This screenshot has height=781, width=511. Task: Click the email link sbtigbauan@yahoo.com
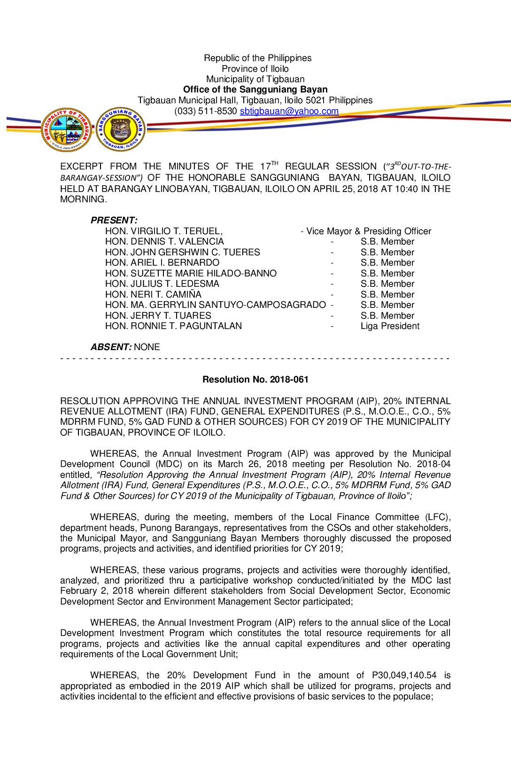(289, 111)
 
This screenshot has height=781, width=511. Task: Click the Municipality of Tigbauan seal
(66, 130)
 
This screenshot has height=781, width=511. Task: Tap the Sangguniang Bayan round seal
(121, 129)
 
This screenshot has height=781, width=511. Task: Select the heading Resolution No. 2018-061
(255, 379)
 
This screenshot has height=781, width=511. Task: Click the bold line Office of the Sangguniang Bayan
(255, 90)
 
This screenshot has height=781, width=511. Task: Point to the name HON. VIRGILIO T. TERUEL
(163, 231)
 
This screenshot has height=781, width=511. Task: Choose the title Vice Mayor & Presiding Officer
(368, 231)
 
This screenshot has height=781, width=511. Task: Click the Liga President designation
(390, 326)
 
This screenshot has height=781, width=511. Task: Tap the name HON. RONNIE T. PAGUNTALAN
(173, 326)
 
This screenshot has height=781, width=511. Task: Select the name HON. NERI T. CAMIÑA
(153, 294)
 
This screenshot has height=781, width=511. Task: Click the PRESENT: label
(114, 220)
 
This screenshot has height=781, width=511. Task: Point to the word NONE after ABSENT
(147, 347)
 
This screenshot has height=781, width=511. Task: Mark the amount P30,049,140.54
(404, 675)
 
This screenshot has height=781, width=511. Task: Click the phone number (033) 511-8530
(205, 111)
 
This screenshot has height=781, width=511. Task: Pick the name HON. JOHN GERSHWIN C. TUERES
(182, 252)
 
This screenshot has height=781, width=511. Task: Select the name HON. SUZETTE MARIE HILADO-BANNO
(191, 273)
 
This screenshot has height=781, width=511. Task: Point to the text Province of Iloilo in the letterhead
(255, 69)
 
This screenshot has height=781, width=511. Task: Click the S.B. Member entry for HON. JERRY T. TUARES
(387, 316)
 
